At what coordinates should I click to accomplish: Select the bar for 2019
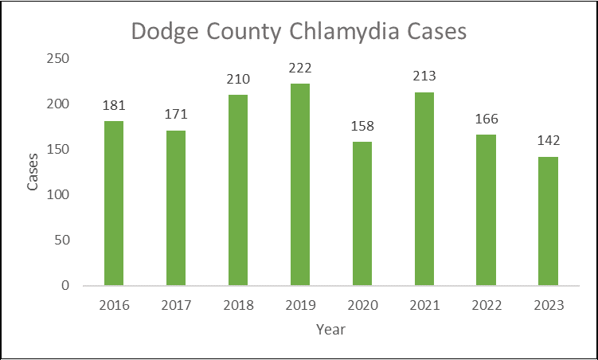pos(300,184)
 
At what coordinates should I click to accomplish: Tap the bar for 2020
pos(362,213)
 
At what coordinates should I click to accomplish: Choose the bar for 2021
pos(424,189)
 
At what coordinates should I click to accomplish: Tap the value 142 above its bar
pos(548,141)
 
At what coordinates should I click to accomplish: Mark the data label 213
pos(424,77)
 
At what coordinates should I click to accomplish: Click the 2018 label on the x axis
pos(238,305)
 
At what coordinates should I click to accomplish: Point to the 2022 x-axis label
pos(487,305)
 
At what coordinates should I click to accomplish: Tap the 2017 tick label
pos(176,305)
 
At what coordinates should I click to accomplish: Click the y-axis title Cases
pos(33,172)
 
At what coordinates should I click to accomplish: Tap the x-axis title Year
pos(330,328)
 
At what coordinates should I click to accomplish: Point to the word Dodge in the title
pos(164,32)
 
